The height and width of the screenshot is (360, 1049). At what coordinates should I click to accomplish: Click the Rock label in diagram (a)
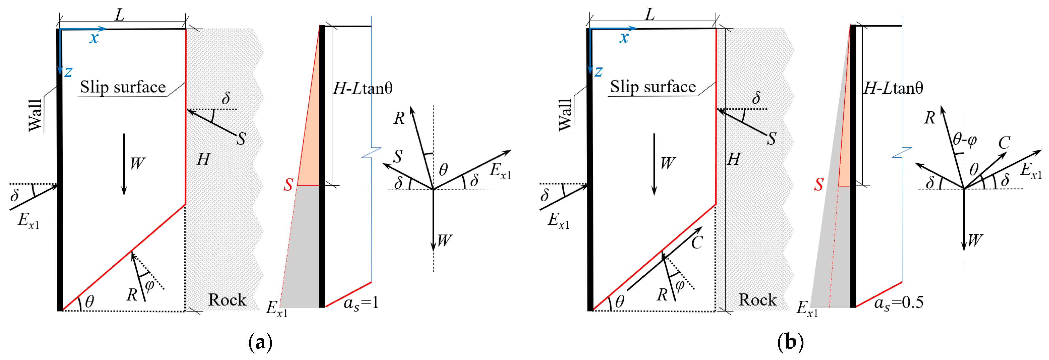[x=227, y=300]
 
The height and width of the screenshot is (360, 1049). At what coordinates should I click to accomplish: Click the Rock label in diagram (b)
[x=758, y=300]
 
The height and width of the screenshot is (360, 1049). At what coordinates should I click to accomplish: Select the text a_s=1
[x=361, y=303]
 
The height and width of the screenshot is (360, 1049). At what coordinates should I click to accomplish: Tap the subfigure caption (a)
[x=260, y=342]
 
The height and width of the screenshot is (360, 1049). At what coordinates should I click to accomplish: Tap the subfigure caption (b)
[x=791, y=342]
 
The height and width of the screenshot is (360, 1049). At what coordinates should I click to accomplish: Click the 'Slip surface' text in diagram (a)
[x=123, y=87]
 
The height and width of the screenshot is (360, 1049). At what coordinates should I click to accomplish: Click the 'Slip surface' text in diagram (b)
[x=653, y=87]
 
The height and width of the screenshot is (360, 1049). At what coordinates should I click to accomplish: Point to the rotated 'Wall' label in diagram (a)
[x=35, y=115]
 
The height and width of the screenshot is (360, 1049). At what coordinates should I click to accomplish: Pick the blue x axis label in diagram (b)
[x=624, y=38]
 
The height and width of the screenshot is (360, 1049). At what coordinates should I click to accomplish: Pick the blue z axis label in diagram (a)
[x=68, y=72]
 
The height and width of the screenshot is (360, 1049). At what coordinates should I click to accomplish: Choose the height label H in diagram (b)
[x=733, y=159]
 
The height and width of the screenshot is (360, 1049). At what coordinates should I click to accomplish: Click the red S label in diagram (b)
[x=818, y=184]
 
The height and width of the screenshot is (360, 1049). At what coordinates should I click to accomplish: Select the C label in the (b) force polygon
[x=1004, y=143]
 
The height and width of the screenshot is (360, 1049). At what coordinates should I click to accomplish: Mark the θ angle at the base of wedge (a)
[x=90, y=302]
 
